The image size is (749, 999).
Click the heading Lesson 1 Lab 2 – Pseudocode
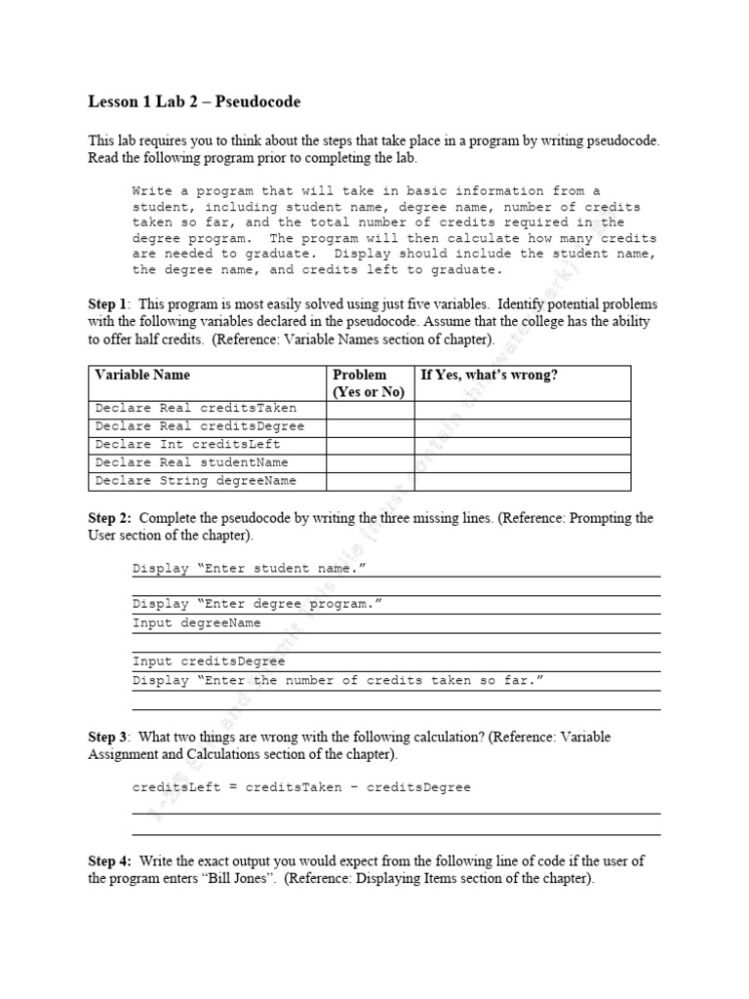194,101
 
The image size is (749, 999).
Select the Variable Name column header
142,375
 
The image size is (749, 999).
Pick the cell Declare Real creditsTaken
195,409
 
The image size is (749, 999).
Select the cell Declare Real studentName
191,462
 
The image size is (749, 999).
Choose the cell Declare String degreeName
195,481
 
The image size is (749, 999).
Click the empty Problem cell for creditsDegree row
370,426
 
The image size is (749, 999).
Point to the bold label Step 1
107,305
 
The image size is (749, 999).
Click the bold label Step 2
107,518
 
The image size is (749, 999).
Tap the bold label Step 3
107,738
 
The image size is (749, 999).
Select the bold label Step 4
107,861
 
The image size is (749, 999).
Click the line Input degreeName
197,623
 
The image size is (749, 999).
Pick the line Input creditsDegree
209,661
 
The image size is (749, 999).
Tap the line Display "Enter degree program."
256,604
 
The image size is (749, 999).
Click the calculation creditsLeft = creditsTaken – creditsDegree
301,787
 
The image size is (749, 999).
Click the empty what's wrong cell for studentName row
522,462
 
